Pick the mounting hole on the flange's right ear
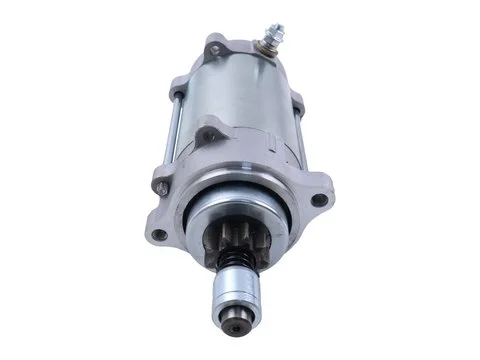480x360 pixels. pos(318,200)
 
